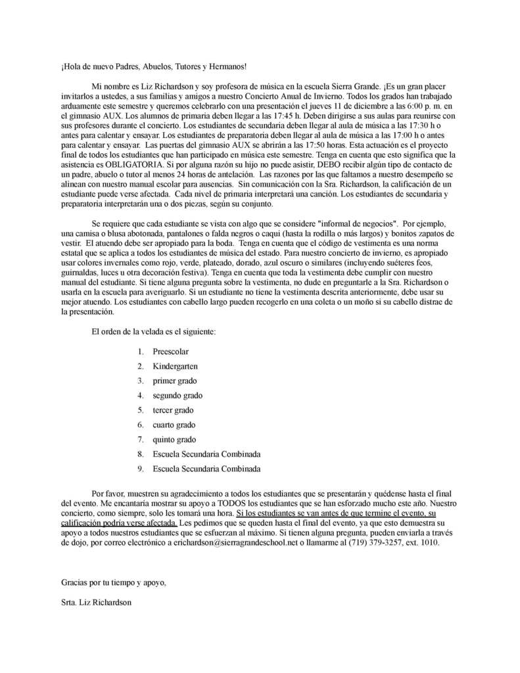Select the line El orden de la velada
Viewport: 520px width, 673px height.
(154, 331)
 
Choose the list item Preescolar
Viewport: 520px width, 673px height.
(170, 352)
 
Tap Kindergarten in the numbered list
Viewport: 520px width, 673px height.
(175, 366)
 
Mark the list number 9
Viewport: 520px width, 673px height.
(141, 469)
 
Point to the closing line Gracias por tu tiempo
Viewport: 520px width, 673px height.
(113, 582)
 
